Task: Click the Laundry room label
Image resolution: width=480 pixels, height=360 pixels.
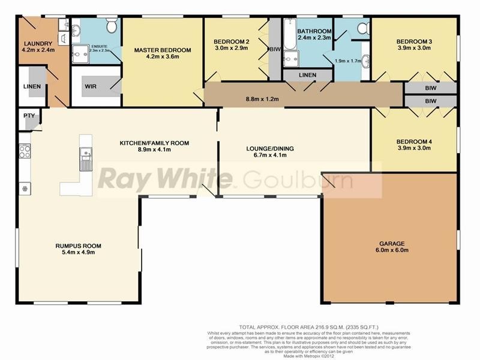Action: [x=38, y=43]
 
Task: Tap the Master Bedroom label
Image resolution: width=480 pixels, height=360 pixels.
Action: [x=162, y=50]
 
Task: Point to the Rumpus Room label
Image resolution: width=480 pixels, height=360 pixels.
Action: [x=79, y=246]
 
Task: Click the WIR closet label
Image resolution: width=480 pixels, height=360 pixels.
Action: [x=91, y=86]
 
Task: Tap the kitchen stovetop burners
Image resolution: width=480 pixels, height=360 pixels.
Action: [x=25, y=152]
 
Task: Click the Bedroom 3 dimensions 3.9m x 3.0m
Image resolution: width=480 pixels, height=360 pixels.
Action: [x=413, y=50]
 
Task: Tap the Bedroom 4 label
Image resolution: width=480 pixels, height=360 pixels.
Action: [x=413, y=142]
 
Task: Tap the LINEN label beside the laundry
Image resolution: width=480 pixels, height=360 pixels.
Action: [x=32, y=86]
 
